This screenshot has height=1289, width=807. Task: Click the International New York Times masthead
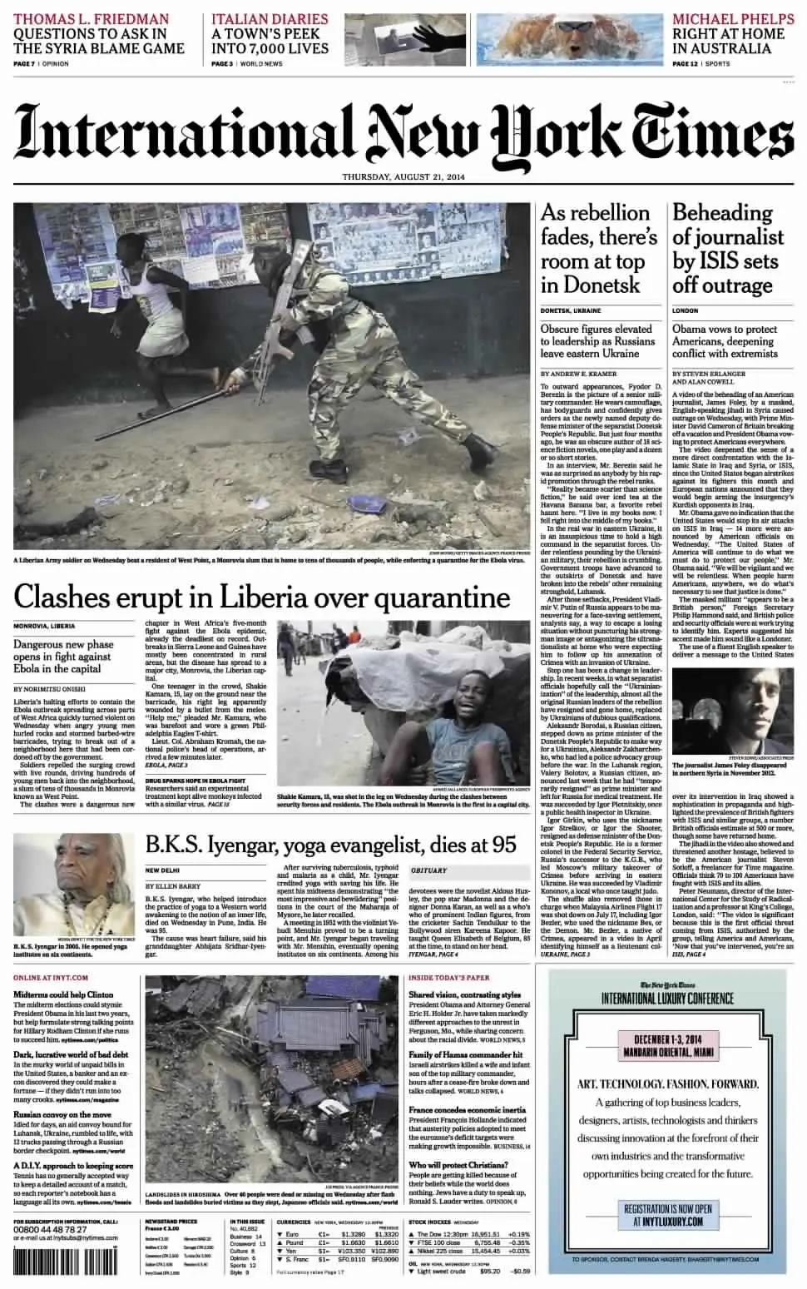click(x=403, y=131)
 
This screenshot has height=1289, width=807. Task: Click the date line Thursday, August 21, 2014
click(x=403, y=177)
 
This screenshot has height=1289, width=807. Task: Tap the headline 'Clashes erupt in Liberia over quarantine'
click(x=261, y=597)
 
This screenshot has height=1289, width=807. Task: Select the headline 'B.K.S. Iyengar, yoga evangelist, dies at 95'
click(x=330, y=844)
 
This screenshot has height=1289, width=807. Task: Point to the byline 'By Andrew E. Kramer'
click(x=575, y=374)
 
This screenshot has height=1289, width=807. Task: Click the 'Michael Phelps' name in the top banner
click(x=729, y=18)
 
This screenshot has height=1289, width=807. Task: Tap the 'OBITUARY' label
click(x=428, y=870)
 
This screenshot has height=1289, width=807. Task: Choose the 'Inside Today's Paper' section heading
click(x=449, y=977)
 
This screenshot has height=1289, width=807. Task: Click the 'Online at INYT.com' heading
click(x=51, y=977)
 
